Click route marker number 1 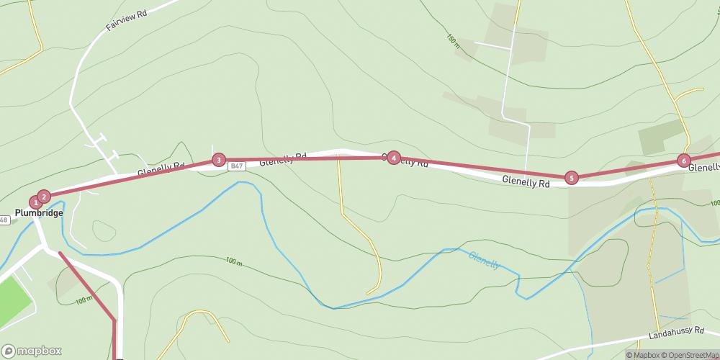tap(35, 202)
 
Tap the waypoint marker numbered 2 tap(44, 196)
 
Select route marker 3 tap(219, 160)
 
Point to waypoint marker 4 tap(393, 158)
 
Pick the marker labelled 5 tap(571, 177)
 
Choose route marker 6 tap(683, 161)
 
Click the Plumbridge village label tap(39, 213)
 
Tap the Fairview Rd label tap(126, 19)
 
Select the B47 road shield tap(235, 166)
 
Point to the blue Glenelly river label tap(484, 260)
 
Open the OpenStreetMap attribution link tap(689, 354)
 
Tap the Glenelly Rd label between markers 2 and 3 tap(161, 170)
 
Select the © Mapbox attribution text tap(642, 354)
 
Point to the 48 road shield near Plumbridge tap(4, 220)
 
